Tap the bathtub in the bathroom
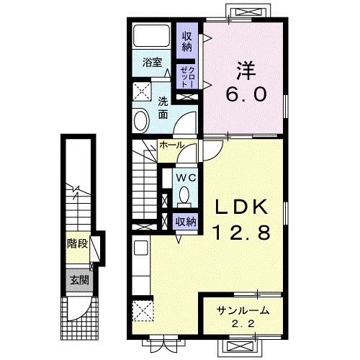(x=153, y=36)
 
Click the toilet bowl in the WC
(x=185, y=194)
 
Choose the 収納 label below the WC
(x=186, y=222)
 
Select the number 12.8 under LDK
(x=243, y=233)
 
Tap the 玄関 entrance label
(x=78, y=280)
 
